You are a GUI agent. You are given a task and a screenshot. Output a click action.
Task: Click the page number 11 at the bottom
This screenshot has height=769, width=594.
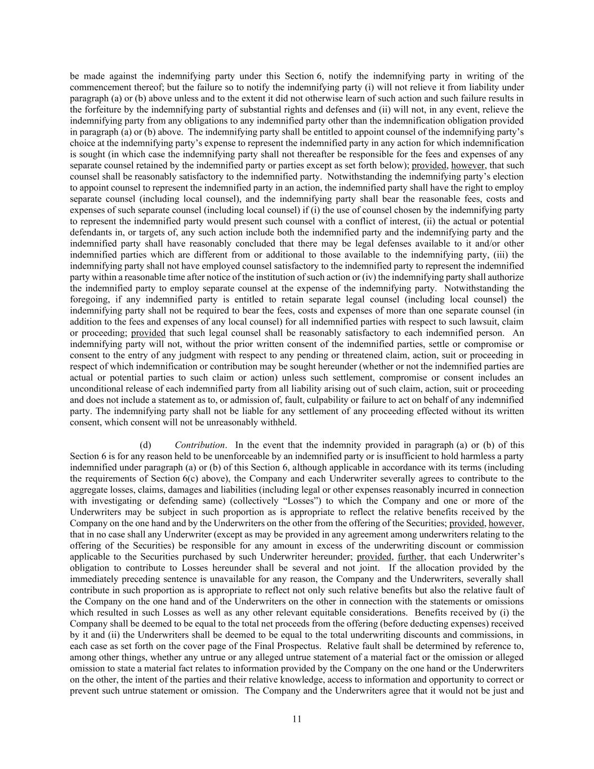(297, 719)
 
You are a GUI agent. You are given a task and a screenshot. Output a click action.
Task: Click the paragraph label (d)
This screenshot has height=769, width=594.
(145, 445)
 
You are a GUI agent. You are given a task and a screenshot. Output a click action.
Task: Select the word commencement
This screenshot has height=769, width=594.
(97, 87)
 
